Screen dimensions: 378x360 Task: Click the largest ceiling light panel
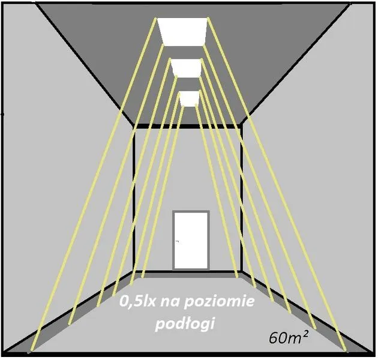tap(183, 32)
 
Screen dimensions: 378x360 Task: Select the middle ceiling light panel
tap(187, 68)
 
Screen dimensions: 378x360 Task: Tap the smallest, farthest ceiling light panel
tap(190, 99)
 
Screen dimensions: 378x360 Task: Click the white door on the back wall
tap(191, 241)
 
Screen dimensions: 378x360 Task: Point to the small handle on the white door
tap(178, 241)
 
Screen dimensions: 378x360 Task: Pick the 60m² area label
tap(289, 338)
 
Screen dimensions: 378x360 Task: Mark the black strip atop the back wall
tap(188, 127)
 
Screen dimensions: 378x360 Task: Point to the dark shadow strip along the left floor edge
tap(80, 313)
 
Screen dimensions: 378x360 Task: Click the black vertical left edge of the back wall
tap(134, 199)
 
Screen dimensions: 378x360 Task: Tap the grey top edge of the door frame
tap(191, 211)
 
